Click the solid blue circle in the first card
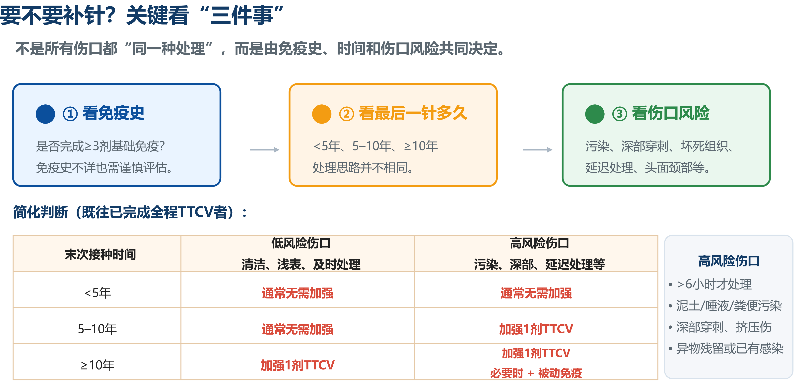click(45, 114)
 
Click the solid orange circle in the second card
click(322, 114)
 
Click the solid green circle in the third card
click(595, 114)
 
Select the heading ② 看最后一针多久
click(403, 113)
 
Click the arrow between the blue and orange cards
click(265, 150)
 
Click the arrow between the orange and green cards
click(538, 150)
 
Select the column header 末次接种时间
click(100, 254)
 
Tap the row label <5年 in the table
click(98, 293)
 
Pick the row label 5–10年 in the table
click(97, 329)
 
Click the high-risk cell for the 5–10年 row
click(536, 329)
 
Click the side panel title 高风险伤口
click(729, 261)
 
